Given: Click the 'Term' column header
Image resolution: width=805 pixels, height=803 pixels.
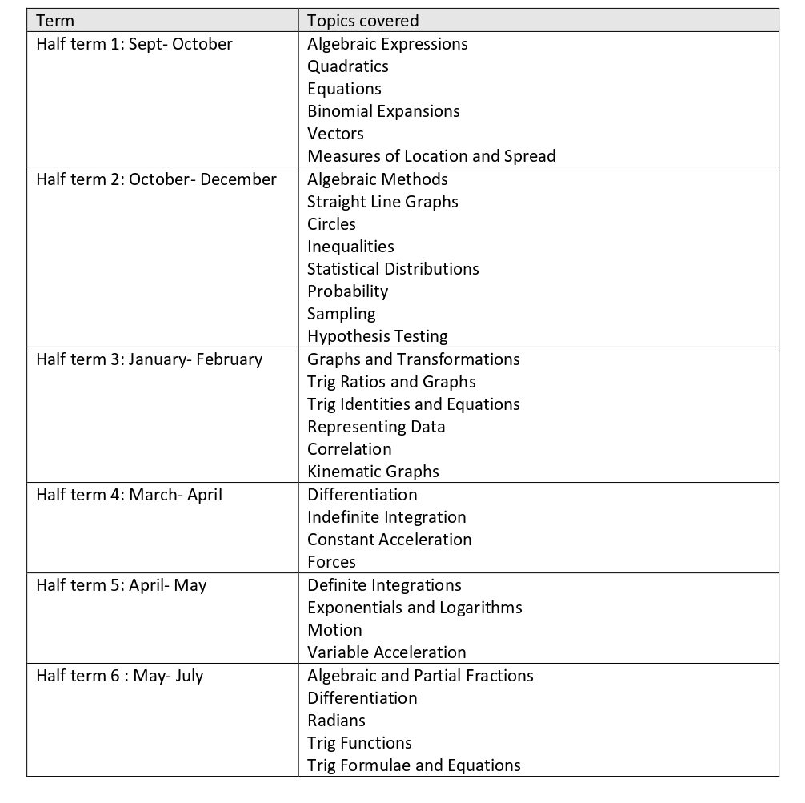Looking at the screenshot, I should pyautogui.click(x=55, y=21).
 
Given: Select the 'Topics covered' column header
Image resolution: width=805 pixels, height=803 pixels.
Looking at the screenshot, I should pyautogui.click(x=362, y=21).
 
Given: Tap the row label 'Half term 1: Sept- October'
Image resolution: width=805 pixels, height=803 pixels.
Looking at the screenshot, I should pyautogui.click(x=134, y=44).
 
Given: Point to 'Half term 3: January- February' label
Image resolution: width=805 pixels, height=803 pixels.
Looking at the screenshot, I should pyautogui.click(x=149, y=359).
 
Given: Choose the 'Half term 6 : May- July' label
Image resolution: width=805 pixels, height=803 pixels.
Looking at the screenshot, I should pyautogui.click(x=120, y=676).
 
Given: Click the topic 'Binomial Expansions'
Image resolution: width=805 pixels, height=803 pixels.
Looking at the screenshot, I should pyautogui.click(x=383, y=111).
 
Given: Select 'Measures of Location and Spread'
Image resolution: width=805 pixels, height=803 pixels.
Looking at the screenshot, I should pyautogui.click(x=431, y=156).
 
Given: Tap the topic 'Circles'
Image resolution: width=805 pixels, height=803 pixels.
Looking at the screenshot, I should pyautogui.click(x=331, y=224).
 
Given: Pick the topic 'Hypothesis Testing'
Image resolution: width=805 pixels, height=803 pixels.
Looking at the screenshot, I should pyautogui.click(x=378, y=336).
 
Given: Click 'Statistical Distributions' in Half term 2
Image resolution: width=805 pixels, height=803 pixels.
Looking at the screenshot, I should pyautogui.click(x=393, y=269).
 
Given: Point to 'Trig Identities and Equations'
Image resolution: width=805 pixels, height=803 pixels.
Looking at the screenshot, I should pyautogui.click(x=414, y=404).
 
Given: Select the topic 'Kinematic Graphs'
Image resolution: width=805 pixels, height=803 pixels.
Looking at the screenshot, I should pyautogui.click(x=373, y=472).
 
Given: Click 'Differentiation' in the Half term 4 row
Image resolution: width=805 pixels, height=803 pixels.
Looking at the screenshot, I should pyautogui.click(x=362, y=495).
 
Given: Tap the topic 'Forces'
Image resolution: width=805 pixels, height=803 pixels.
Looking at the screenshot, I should pyautogui.click(x=331, y=562).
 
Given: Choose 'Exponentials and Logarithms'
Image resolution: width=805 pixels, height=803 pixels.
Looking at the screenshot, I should pyautogui.click(x=415, y=608).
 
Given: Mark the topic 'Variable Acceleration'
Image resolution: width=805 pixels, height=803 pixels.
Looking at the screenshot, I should pyautogui.click(x=386, y=652).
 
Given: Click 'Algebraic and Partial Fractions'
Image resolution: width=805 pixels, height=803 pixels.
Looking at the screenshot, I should pyautogui.click(x=420, y=676).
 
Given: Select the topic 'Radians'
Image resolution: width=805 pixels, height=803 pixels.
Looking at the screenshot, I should pyautogui.click(x=336, y=721).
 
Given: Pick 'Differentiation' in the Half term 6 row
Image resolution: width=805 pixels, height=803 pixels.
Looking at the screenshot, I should pyautogui.click(x=362, y=698).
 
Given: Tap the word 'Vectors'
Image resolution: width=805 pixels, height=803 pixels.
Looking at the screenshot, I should pyautogui.click(x=335, y=134).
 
